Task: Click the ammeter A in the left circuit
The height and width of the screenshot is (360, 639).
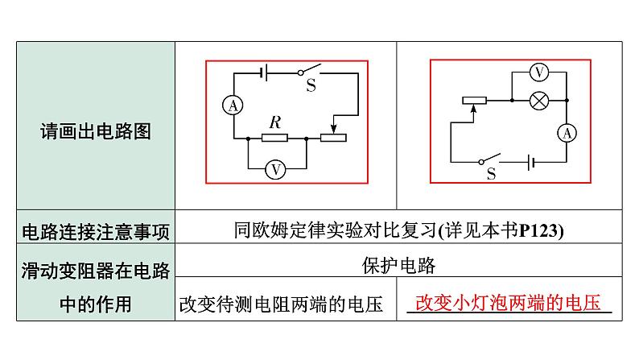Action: tap(233, 106)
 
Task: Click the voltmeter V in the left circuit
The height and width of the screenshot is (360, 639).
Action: tap(275, 169)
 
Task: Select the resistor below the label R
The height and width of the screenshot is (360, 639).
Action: tap(274, 138)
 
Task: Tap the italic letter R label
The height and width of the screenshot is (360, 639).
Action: tap(275, 122)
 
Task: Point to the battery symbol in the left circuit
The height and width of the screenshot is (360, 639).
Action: tap(264, 72)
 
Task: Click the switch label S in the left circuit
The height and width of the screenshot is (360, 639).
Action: tap(311, 85)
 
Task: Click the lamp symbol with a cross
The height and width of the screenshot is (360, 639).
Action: tap(538, 101)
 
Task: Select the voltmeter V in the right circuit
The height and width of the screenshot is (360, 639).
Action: tap(538, 72)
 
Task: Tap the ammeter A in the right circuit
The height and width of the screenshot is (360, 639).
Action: tap(567, 134)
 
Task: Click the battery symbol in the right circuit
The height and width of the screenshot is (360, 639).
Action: tap(530, 162)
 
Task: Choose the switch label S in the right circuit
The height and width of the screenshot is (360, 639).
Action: tap(492, 174)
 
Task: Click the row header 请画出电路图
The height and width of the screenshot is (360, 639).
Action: tap(96, 132)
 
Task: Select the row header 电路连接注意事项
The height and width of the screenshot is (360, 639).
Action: tap(96, 232)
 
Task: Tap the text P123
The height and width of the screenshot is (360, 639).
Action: tap(538, 231)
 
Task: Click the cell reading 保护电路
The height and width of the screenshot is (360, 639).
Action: tap(398, 266)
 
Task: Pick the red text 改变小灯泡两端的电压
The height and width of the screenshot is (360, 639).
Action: tap(508, 303)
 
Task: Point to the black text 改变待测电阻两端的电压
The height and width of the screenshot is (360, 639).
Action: tap(281, 304)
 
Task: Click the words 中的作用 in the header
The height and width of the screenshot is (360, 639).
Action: tap(96, 304)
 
